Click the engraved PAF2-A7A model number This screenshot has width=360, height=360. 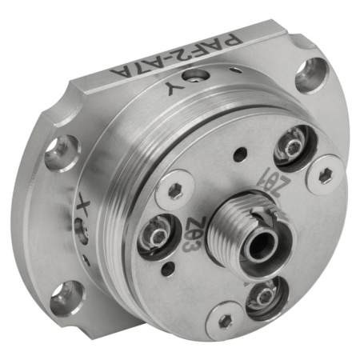pyautogui.click(x=176, y=56)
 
